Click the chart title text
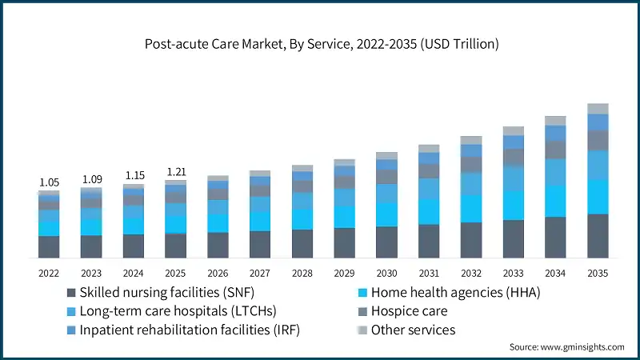pos(320,44)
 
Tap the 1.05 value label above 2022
pos(49,182)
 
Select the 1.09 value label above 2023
pos(91,179)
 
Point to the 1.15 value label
pos(133,175)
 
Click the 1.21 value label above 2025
pos(175,171)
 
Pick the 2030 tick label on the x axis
pos(386,273)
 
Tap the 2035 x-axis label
pos(598,273)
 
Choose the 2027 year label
pos(260,273)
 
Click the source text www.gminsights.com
pos(566,347)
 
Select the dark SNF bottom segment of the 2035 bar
pos(598,236)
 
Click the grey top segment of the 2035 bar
pos(598,109)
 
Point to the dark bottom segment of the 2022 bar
pos(49,246)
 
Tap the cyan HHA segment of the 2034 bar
pos(555,201)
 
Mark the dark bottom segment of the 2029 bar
pos(344,242)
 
